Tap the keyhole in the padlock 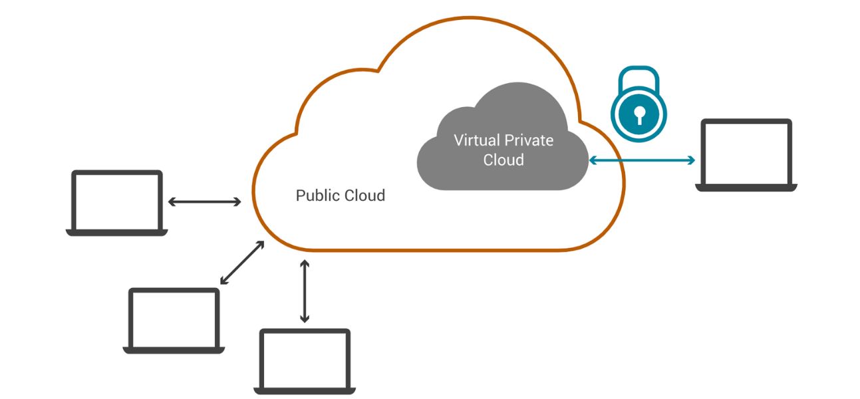point(639,115)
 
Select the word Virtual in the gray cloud point(475,140)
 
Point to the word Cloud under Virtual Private point(503,160)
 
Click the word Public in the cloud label point(317,196)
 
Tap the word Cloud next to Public point(364,196)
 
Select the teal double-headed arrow point(642,160)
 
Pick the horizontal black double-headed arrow point(204,201)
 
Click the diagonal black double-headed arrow point(242,263)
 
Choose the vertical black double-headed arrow point(305,291)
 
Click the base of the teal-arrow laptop point(746,188)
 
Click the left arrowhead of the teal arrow point(592,160)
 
